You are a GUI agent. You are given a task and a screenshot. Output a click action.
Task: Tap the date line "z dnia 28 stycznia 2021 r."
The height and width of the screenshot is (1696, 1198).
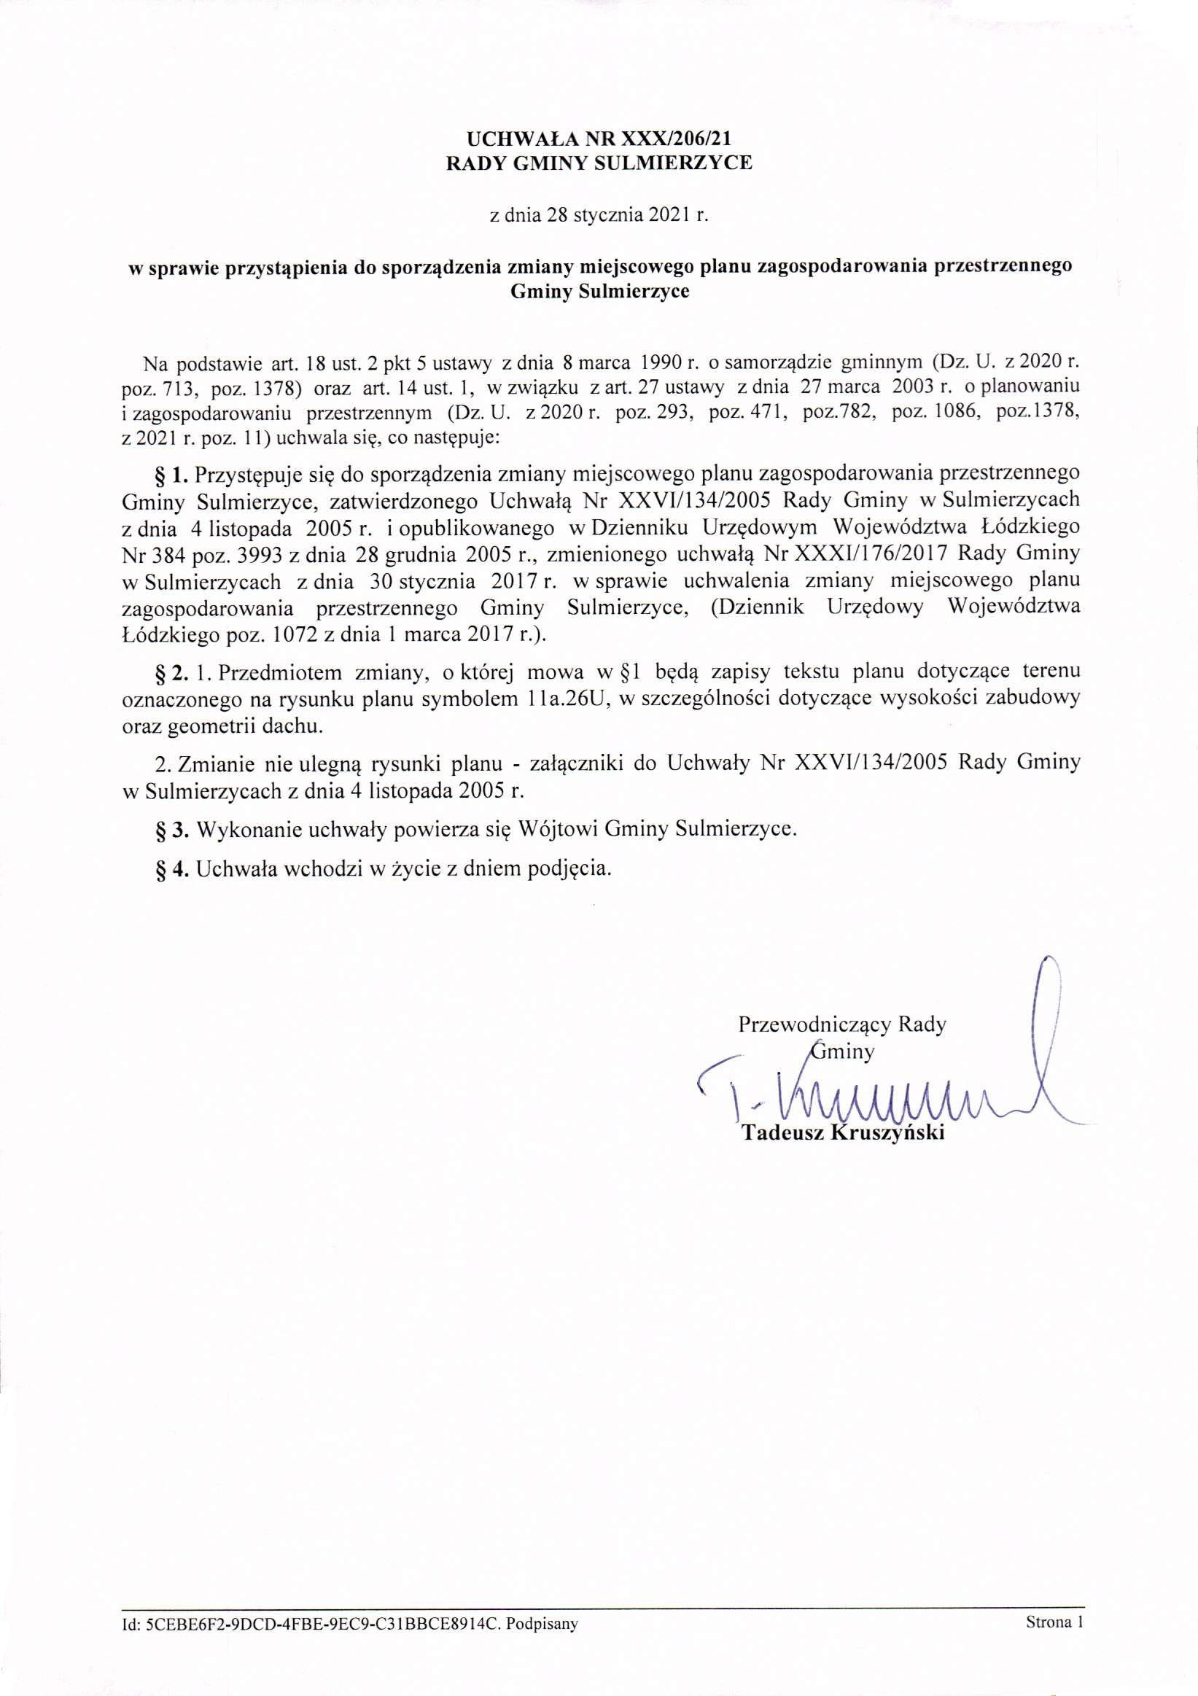[x=599, y=217]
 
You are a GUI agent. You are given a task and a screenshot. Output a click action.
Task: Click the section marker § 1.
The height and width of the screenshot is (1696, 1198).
[x=174, y=472]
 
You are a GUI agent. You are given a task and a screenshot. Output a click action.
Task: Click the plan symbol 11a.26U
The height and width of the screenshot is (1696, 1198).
[x=563, y=699]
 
